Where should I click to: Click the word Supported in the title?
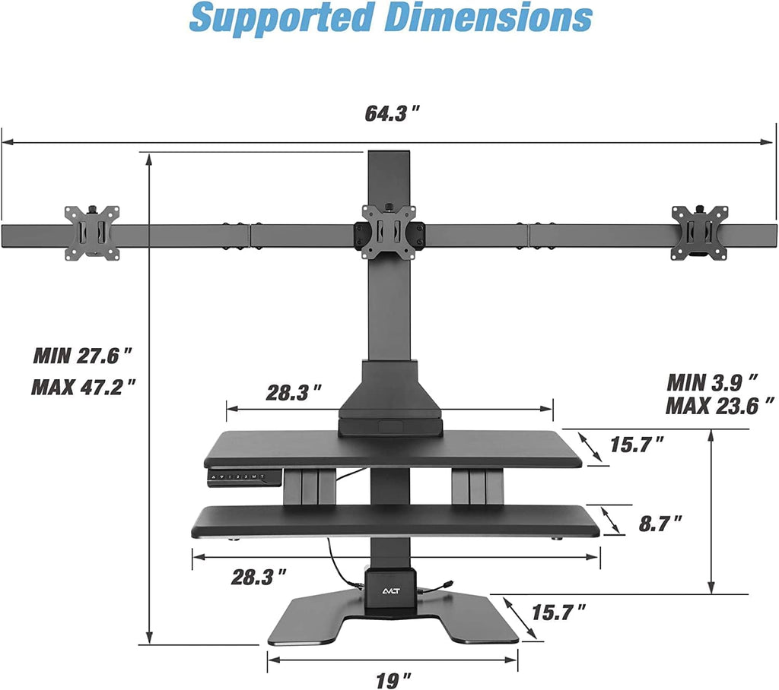tap(281, 18)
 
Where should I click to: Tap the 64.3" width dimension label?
tap(393, 114)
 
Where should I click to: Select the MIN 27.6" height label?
tap(83, 356)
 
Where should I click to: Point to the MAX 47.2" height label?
tap(84, 387)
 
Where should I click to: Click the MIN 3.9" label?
tap(712, 383)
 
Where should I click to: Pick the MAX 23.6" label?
tap(720, 406)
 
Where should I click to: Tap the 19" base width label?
tap(393, 680)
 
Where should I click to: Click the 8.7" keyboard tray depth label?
tap(660, 524)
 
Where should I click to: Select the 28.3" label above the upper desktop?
tap(294, 393)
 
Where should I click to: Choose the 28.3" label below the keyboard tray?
tap(259, 577)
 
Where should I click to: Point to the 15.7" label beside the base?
tap(559, 612)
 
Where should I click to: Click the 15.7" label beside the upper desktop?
tap(637, 445)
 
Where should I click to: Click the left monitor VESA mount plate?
tap(92, 233)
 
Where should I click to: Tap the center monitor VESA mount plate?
tap(389, 232)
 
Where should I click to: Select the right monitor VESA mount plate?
tap(700, 233)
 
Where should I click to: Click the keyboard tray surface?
tap(396, 521)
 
